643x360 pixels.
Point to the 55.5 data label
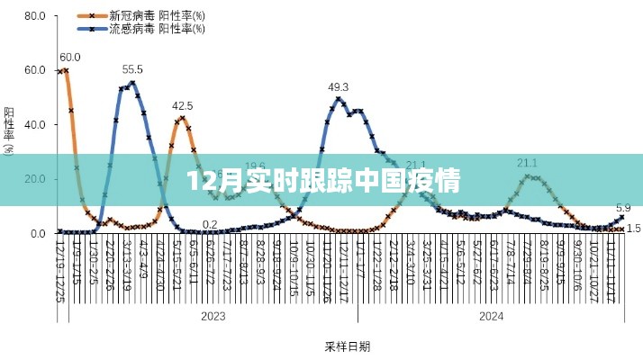132,69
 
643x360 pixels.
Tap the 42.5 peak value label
183,105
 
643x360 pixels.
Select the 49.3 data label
339,86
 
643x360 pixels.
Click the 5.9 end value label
622,206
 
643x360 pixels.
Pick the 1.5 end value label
633,229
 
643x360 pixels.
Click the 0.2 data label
210,224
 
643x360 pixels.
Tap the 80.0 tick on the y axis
34,16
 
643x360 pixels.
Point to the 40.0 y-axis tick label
34,125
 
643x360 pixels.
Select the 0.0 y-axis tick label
37,234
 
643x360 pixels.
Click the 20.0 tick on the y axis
34,179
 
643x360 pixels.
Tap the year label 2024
490,316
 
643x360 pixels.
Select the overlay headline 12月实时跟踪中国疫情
321,180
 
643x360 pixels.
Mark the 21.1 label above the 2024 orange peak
527,163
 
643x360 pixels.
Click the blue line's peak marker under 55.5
132,83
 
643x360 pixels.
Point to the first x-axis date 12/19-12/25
59,270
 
